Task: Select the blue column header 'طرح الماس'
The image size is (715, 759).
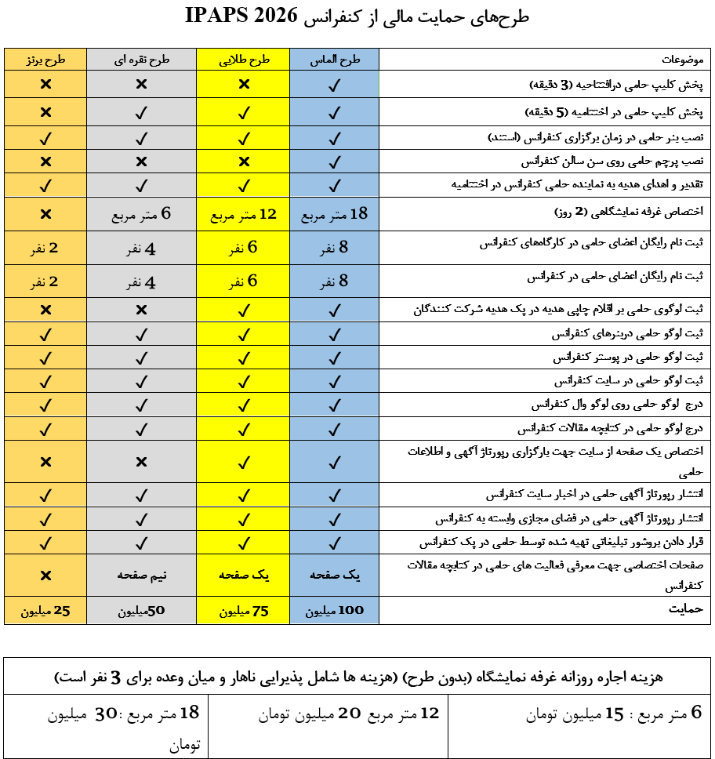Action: [334, 60]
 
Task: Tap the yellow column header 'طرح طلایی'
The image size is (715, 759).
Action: [243, 60]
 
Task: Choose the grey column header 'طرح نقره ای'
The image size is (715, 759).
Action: [141, 60]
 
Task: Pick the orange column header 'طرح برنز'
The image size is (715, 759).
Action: [45, 60]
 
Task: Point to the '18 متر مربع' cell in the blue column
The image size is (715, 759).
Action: [334, 214]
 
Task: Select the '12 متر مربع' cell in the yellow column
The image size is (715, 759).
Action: [243, 214]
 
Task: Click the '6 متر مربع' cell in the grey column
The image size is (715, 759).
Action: [141, 214]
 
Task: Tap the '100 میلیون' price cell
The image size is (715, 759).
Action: [334, 610]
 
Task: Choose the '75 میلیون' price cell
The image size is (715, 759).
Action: [243, 610]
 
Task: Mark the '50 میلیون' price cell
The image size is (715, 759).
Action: [141, 610]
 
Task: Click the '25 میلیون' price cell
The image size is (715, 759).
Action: [45, 610]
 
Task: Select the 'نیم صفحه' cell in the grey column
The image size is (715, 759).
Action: [141, 575]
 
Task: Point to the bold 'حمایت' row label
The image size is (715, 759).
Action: [686, 608]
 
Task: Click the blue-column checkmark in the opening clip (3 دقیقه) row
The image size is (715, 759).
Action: [334, 85]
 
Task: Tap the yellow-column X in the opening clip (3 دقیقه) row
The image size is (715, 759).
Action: [243, 85]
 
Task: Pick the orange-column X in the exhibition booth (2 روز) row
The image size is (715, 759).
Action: [45, 214]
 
